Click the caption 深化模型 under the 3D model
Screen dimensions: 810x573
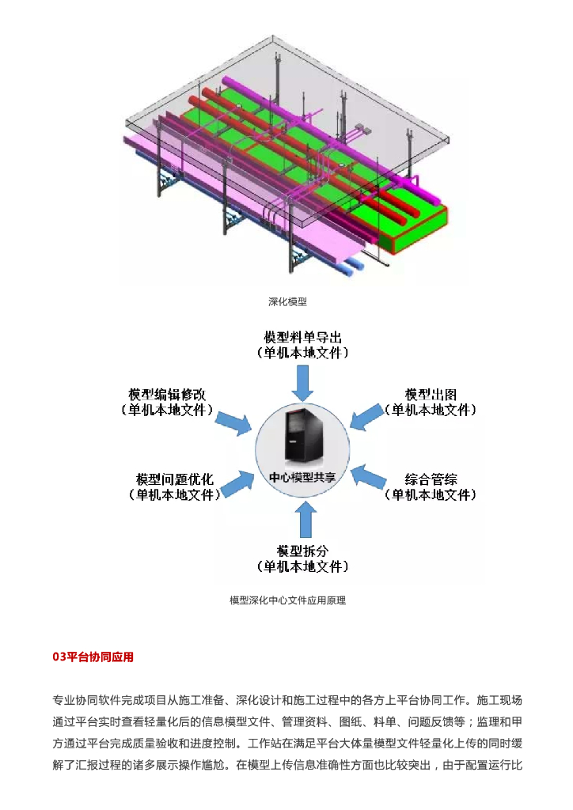pyautogui.click(x=286, y=301)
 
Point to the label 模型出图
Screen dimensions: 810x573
pyautogui.click(x=431, y=394)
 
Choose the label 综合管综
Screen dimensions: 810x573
pyautogui.click(x=431, y=479)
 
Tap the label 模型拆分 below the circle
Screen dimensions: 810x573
pyautogui.click(x=302, y=551)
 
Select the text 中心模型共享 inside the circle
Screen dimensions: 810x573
pyautogui.click(x=302, y=478)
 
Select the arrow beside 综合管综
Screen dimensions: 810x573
pyautogui.click(x=368, y=477)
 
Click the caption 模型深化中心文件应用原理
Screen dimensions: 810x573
pyautogui.click(x=287, y=600)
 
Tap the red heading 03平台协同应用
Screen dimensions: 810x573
pyautogui.click(x=93, y=657)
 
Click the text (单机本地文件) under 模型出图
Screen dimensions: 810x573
pyautogui.click(x=431, y=410)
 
